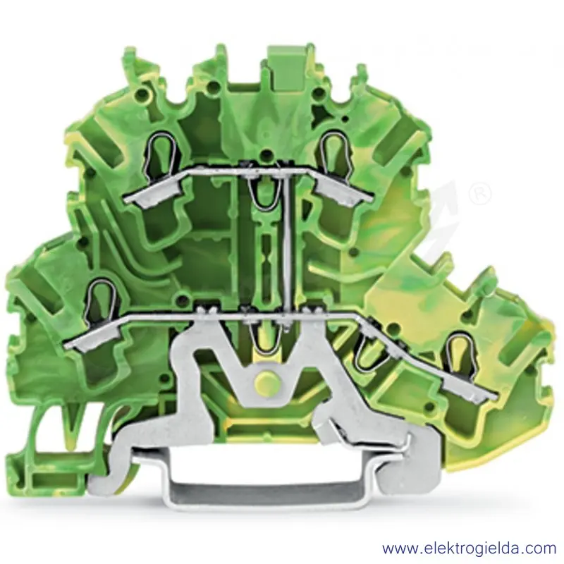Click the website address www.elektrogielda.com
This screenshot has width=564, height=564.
pos(470,549)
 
